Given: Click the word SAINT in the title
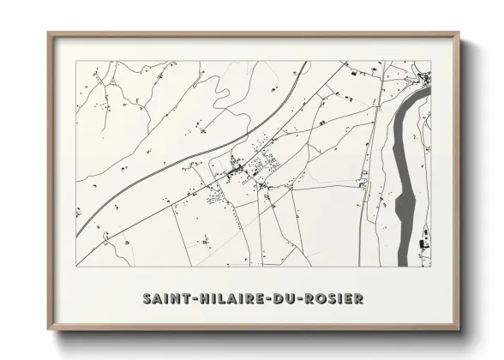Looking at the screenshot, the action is (x=163, y=298).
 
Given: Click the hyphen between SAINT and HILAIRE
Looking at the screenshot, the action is (x=187, y=298).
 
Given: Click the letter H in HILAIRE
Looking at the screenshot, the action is (x=195, y=298).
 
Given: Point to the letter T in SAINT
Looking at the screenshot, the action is (x=179, y=298).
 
